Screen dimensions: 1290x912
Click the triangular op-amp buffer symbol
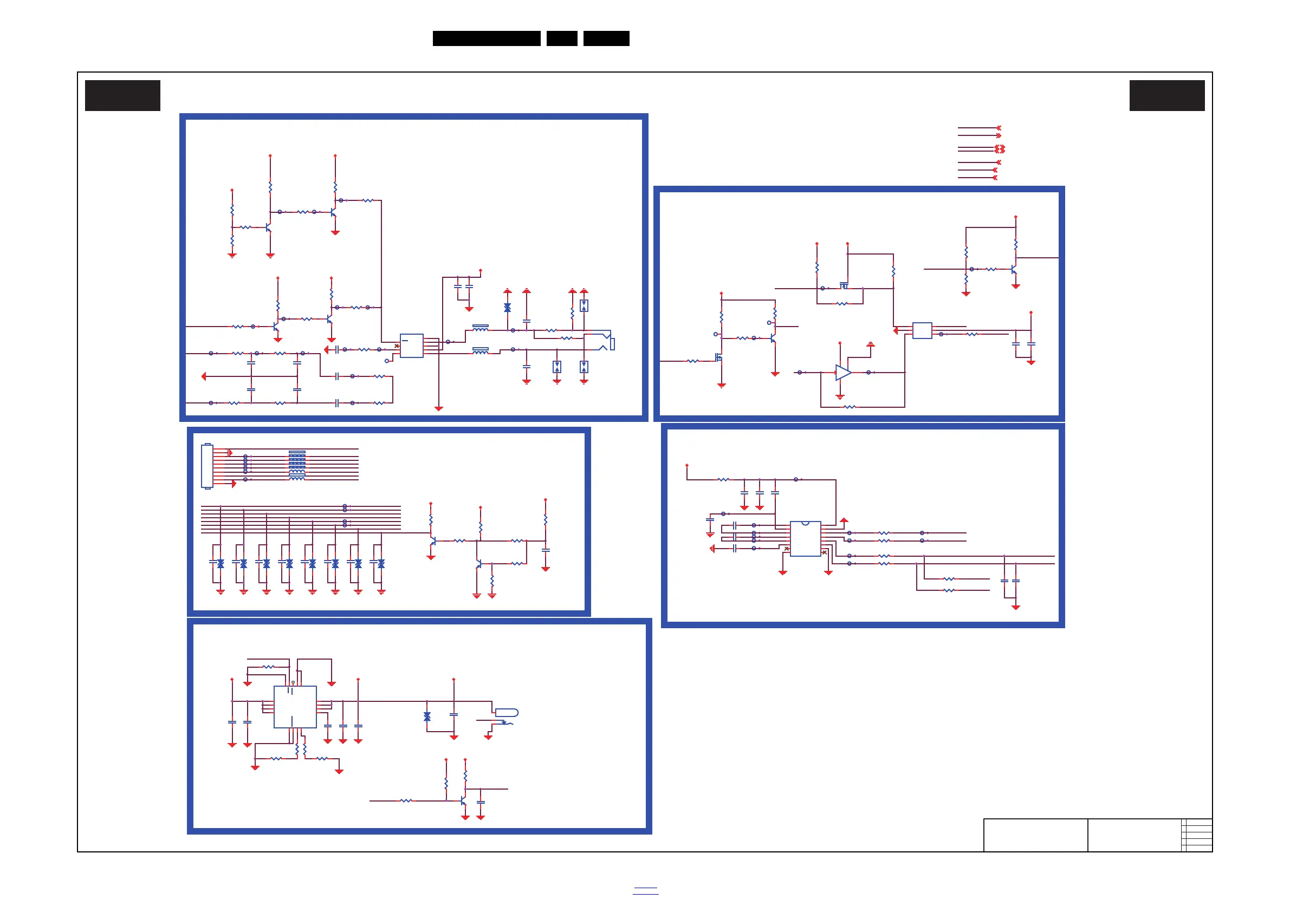(x=843, y=372)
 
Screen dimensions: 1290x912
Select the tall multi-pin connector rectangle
(x=207, y=466)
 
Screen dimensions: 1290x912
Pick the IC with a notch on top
(x=805, y=538)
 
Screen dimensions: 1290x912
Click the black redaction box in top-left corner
(x=122, y=95)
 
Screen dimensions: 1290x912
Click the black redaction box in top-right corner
(x=1167, y=95)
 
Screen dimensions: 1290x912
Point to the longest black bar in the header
(x=487, y=38)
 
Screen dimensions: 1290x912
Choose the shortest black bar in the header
(x=562, y=38)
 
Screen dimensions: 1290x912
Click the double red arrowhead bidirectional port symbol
(x=1000, y=149)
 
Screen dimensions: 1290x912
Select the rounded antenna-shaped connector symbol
(x=506, y=713)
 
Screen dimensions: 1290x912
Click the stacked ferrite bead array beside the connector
(x=297, y=465)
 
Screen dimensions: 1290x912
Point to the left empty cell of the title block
(x=1035, y=835)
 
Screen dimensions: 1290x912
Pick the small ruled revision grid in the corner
(x=1197, y=835)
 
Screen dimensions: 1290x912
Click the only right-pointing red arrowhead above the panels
(x=999, y=135)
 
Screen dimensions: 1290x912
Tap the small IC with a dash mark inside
(x=411, y=346)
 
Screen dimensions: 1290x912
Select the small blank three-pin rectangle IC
(x=922, y=330)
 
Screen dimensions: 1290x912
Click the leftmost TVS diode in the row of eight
(x=221, y=563)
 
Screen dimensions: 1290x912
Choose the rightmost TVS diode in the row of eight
(x=381, y=563)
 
